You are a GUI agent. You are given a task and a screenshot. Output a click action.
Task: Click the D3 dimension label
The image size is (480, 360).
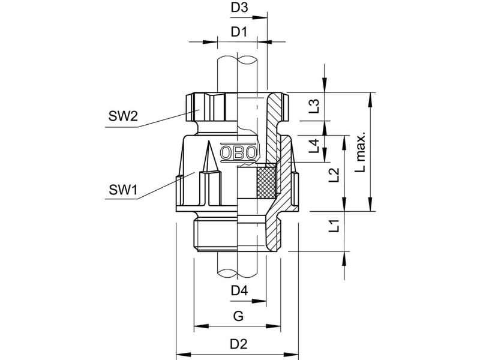click(x=239, y=7)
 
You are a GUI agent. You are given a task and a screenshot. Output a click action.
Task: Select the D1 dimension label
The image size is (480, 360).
click(x=238, y=32)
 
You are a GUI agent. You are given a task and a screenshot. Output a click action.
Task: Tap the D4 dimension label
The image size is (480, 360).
click(x=239, y=290)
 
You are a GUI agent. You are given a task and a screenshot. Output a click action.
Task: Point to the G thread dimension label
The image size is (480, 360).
click(x=238, y=316)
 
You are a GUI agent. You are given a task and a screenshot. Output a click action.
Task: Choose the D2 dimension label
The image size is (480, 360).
click(x=239, y=344)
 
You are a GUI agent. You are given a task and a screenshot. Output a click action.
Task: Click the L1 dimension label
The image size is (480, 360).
click(x=334, y=226)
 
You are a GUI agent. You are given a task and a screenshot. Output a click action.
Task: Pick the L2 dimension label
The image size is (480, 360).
click(x=334, y=175)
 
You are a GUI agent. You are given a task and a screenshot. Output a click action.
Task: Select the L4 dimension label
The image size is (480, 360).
click(x=314, y=146)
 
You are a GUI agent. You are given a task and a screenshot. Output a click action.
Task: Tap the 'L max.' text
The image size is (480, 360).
click(x=361, y=152)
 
